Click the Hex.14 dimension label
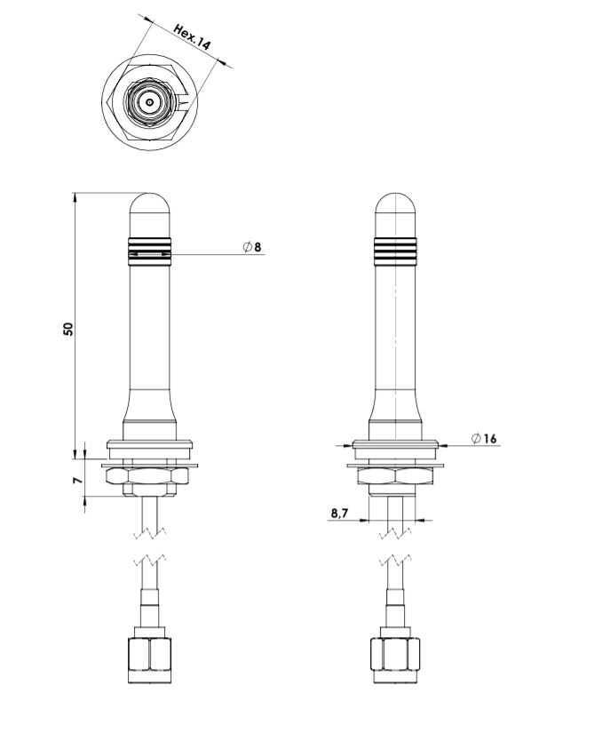tap(192, 36)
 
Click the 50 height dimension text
tap(69, 329)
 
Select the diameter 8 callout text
tap(252, 247)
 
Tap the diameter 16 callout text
tap(485, 439)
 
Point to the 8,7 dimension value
tap(339, 513)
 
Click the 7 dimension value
tap(77, 480)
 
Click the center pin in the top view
tap(150, 101)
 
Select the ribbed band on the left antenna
tap(149, 251)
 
